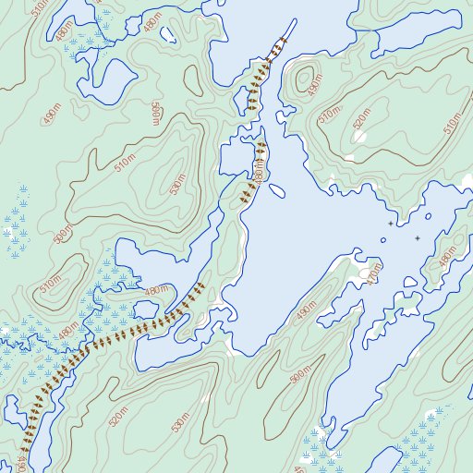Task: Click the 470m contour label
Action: click(373, 274)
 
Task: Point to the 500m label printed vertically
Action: click(155, 114)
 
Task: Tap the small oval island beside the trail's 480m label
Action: click(275, 191)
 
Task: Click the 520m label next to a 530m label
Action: click(118, 417)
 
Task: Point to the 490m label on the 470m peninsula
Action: click(305, 313)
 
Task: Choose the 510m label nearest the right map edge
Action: click(452, 122)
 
